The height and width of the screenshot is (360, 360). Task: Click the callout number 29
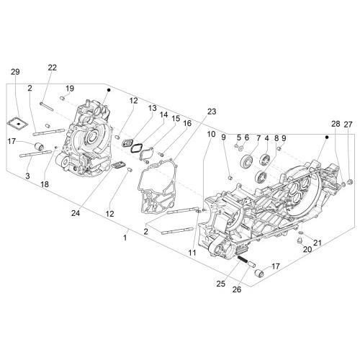(x=15, y=72)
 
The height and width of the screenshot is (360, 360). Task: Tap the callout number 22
(x=53, y=68)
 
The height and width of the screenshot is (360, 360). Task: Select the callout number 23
(x=212, y=112)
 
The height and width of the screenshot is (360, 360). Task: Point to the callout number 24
(x=76, y=213)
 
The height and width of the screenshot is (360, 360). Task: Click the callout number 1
(x=125, y=238)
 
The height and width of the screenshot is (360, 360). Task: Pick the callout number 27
(x=348, y=125)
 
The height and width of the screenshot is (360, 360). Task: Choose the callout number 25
(x=221, y=284)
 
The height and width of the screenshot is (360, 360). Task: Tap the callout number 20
(x=307, y=249)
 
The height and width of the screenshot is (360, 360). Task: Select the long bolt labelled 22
(x=47, y=107)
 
